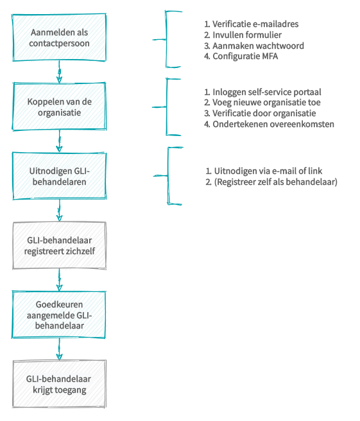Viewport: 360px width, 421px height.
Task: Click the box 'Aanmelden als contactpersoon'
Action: click(59, 37)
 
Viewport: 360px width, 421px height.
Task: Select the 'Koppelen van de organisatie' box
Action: click(59, 107)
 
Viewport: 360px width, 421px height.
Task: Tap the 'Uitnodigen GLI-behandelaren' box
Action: click(59, 176)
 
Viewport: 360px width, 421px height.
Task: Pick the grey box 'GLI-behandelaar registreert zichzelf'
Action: click(59, 245)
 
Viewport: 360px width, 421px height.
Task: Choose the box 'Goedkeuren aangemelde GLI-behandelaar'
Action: click(59, 314)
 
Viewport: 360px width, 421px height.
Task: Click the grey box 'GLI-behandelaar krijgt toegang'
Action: click(59, 384)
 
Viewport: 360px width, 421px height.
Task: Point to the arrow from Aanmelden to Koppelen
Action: click(59, 72)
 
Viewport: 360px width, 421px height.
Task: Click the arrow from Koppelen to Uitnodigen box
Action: click(59, 141)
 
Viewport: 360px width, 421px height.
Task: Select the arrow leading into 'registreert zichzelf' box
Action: click(59, 210)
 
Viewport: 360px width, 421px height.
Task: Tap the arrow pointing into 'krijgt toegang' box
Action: click(59, 349)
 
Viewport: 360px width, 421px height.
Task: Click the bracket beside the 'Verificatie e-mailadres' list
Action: click(166, 40)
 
